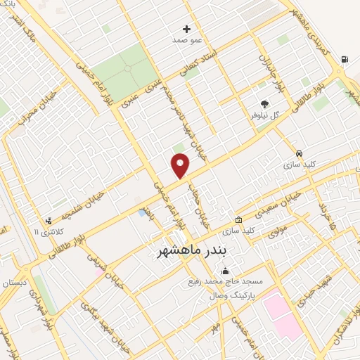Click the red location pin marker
click(181, 165)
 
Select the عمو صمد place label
click(187, 40)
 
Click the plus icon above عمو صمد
click(186, 29)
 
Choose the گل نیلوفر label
click(266, 113)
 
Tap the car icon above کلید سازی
click(300, 153)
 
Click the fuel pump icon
click(344, 59)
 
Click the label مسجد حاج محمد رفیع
click(225, 281)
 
